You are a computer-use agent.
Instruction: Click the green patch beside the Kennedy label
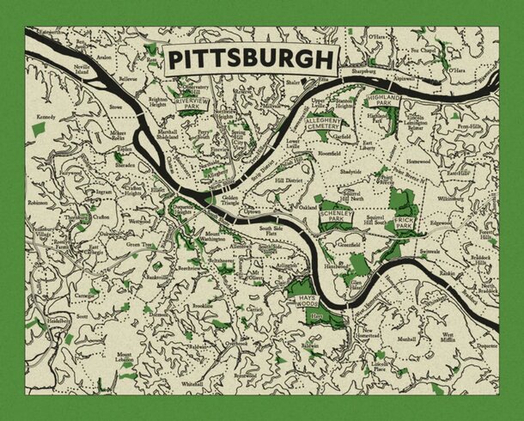pyautogui.click(x=37, y=129)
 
